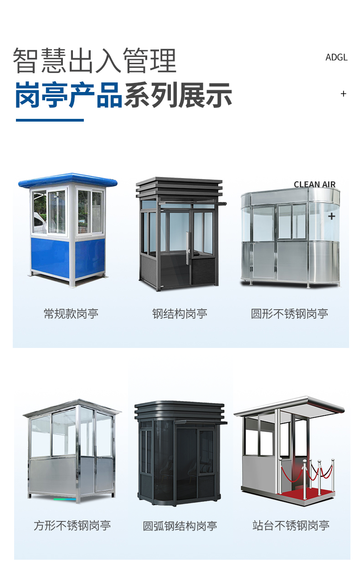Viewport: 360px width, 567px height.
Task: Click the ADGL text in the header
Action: pos(336,57)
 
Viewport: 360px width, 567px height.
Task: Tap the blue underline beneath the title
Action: pos(50,120)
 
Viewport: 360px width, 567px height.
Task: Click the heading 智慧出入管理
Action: pos(94,61)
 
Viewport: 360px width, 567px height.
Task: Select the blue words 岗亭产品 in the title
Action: pos(69,95)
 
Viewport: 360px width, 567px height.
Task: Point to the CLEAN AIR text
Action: pos(314,184)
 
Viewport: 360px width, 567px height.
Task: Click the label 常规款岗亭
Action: pos(71,314)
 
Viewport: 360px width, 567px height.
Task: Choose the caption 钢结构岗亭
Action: pos(180,314)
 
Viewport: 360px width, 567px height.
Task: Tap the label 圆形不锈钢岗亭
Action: pos(289,314)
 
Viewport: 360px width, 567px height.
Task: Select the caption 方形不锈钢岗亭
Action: pos(72,526)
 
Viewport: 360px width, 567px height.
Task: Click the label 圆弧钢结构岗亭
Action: pos(180,526)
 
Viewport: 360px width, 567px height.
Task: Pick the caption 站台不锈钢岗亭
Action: pos(291,526)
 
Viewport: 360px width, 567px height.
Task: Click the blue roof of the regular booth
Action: pos(68,180)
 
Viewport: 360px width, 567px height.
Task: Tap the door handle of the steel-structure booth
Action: pos(187,248)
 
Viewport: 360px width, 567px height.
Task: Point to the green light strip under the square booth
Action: pos(65,500)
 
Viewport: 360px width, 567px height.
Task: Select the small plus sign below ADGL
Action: pos(343,94)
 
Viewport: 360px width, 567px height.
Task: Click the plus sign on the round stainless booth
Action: pos(331,216)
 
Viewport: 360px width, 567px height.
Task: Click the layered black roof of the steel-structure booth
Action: pos(180,187)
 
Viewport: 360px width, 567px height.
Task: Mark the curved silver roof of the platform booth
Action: pos(289,406)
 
